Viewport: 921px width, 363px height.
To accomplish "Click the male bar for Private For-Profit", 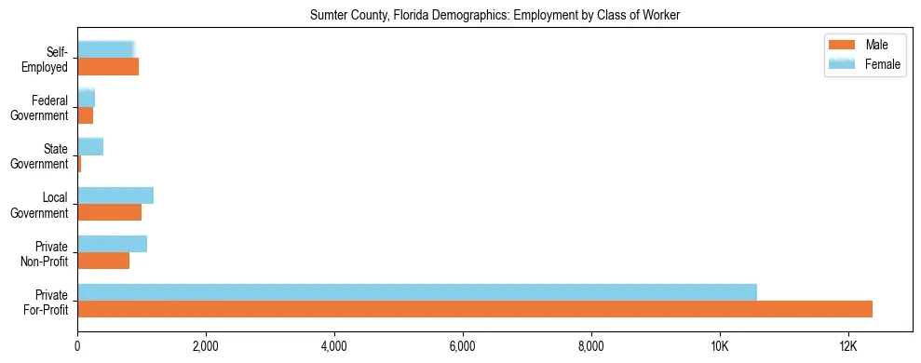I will coord(475,309).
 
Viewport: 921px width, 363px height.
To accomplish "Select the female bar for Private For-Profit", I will coord(417,292).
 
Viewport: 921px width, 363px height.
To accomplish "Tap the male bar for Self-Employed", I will coord(108,67).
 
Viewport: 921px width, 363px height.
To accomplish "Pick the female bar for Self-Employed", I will coord(106,49).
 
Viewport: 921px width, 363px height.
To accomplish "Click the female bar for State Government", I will coord(90,146).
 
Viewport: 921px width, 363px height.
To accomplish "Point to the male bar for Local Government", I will coord(110,212).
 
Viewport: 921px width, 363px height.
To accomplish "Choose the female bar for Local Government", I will coord(115,195).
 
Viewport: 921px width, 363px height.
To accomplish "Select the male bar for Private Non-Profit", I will coord(103,261).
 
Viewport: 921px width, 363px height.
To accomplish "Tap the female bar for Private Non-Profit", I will coord(113,244).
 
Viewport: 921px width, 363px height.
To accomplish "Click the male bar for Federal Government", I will coord(86,115).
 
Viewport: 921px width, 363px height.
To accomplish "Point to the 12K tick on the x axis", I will coord(847,345).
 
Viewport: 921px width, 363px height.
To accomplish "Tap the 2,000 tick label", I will coord(205,345).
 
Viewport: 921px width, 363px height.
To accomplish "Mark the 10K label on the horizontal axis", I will coord(719,345).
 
